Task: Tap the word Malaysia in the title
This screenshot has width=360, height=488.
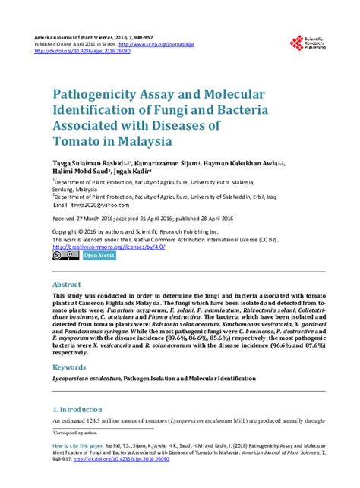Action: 137,140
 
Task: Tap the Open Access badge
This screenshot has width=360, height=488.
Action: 99,256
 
